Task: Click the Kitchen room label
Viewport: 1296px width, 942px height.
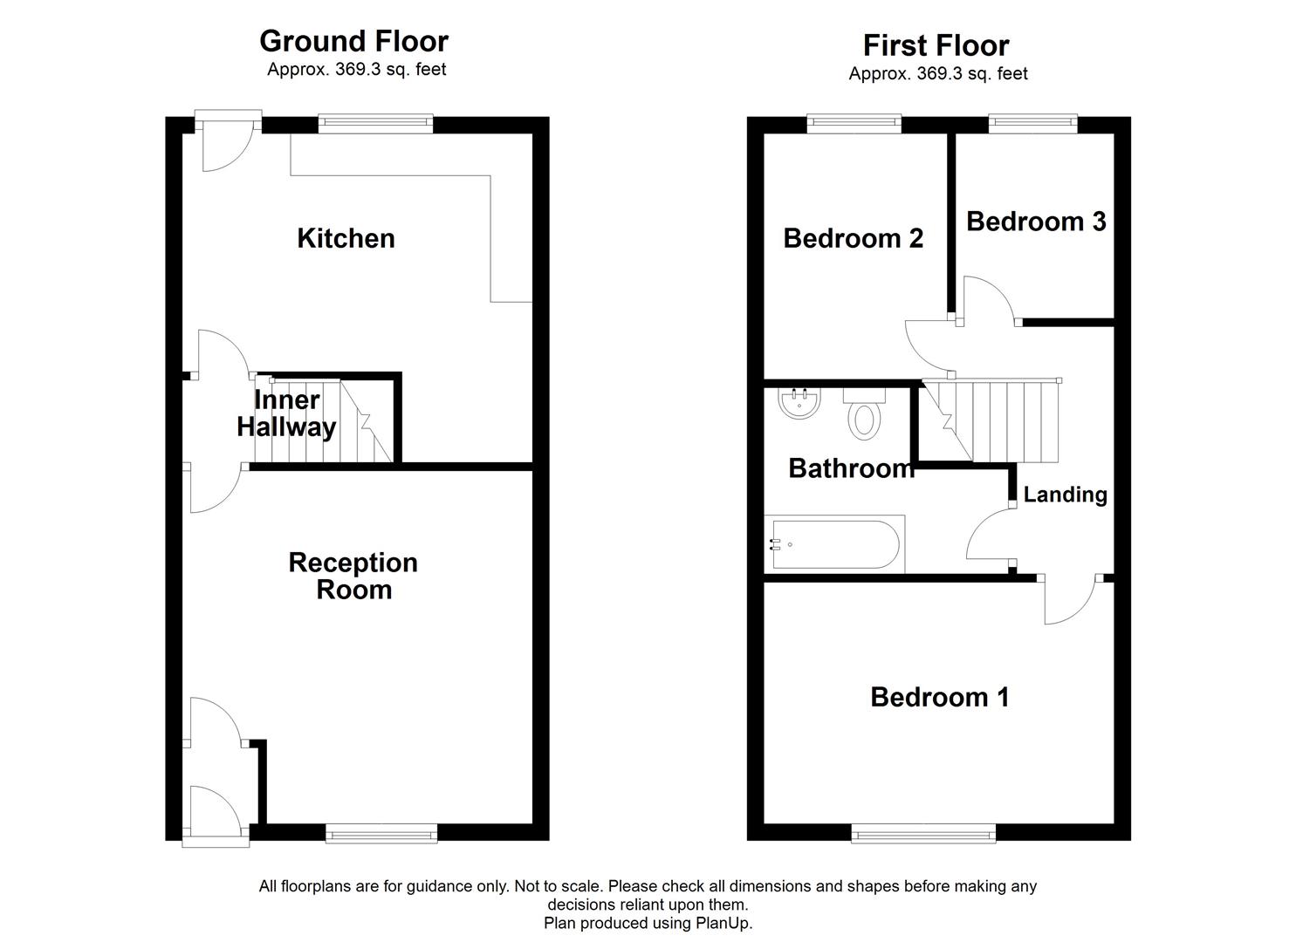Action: tap(346, 238)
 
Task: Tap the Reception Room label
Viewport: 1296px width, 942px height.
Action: tap(353, 576)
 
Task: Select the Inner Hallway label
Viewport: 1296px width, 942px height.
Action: tap(286, 413)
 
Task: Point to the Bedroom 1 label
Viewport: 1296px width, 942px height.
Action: tap(939, 697)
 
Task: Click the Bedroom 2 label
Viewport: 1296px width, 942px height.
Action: tap(853, 238)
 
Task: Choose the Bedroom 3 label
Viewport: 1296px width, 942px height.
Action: tap(1036, 222)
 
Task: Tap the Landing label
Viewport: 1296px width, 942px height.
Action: tap(1065, 495)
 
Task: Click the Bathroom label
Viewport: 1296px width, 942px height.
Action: tap(851, 468)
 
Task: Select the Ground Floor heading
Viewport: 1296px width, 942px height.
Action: tap(353, 41)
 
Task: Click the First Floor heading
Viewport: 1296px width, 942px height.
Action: tap(936, 44)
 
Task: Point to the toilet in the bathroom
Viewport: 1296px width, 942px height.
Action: tap(864, 414)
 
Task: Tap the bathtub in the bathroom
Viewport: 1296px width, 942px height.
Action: tap(833, 544)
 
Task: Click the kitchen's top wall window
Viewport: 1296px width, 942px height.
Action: tap(375, 124)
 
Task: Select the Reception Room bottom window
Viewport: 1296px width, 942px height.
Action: tap(381, 835)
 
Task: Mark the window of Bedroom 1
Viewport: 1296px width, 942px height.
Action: tap(923, 835)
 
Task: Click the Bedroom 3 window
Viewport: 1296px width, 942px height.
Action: tap(1032, 124)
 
